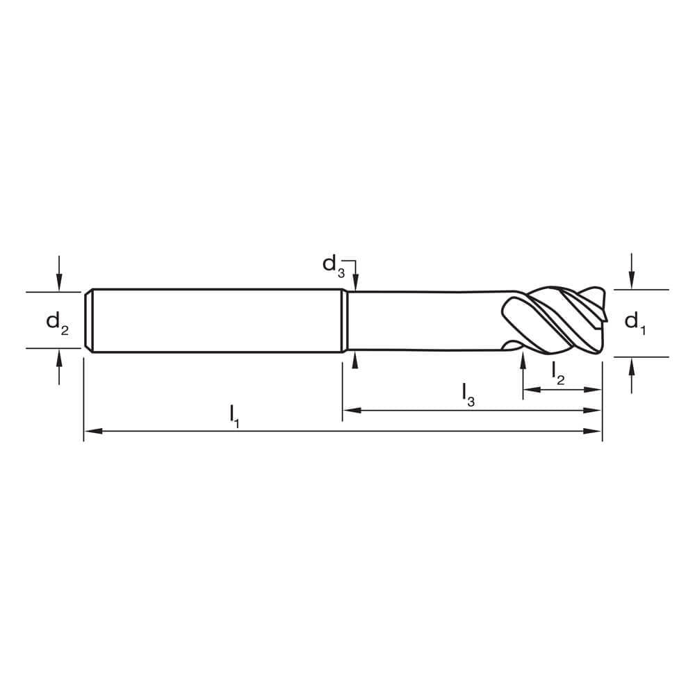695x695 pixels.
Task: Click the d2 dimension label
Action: pos(57,322)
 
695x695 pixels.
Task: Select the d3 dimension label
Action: pos(333,265)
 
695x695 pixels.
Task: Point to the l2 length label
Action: pos(558,373)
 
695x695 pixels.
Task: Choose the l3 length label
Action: pos(468,395)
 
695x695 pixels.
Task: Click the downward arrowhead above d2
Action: pos(59,282)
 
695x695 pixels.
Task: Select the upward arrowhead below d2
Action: pos(59,357)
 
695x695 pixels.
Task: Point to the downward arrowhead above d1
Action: pos(631,280)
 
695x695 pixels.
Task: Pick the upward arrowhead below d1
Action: pos(631,366)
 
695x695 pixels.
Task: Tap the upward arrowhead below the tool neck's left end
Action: pos(355,361)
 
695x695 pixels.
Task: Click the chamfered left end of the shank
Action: pos(88,321)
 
